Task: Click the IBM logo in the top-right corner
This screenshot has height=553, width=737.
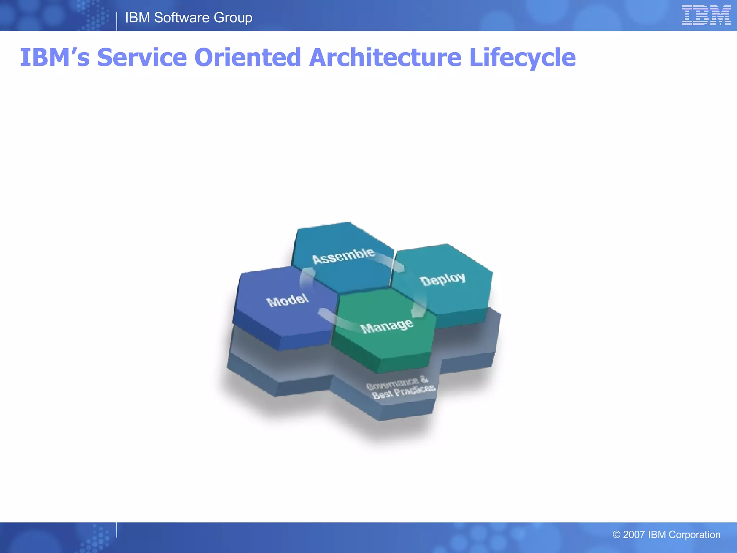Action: [x=706, y=15]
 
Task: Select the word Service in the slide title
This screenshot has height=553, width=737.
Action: [x=142, y=58]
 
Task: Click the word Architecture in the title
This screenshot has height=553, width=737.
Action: [x=385, y=58]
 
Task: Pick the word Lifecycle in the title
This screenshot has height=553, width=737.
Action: [x=523, y=58]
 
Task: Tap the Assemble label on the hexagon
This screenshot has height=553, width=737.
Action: [x=343, y=256]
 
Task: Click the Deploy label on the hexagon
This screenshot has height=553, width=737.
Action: [x=443, y=279]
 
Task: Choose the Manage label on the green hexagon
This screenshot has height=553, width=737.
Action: [x=386, y=326]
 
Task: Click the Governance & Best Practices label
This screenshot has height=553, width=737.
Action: [x=400, y=387]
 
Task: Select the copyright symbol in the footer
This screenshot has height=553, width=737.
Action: [x=616, y=535]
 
